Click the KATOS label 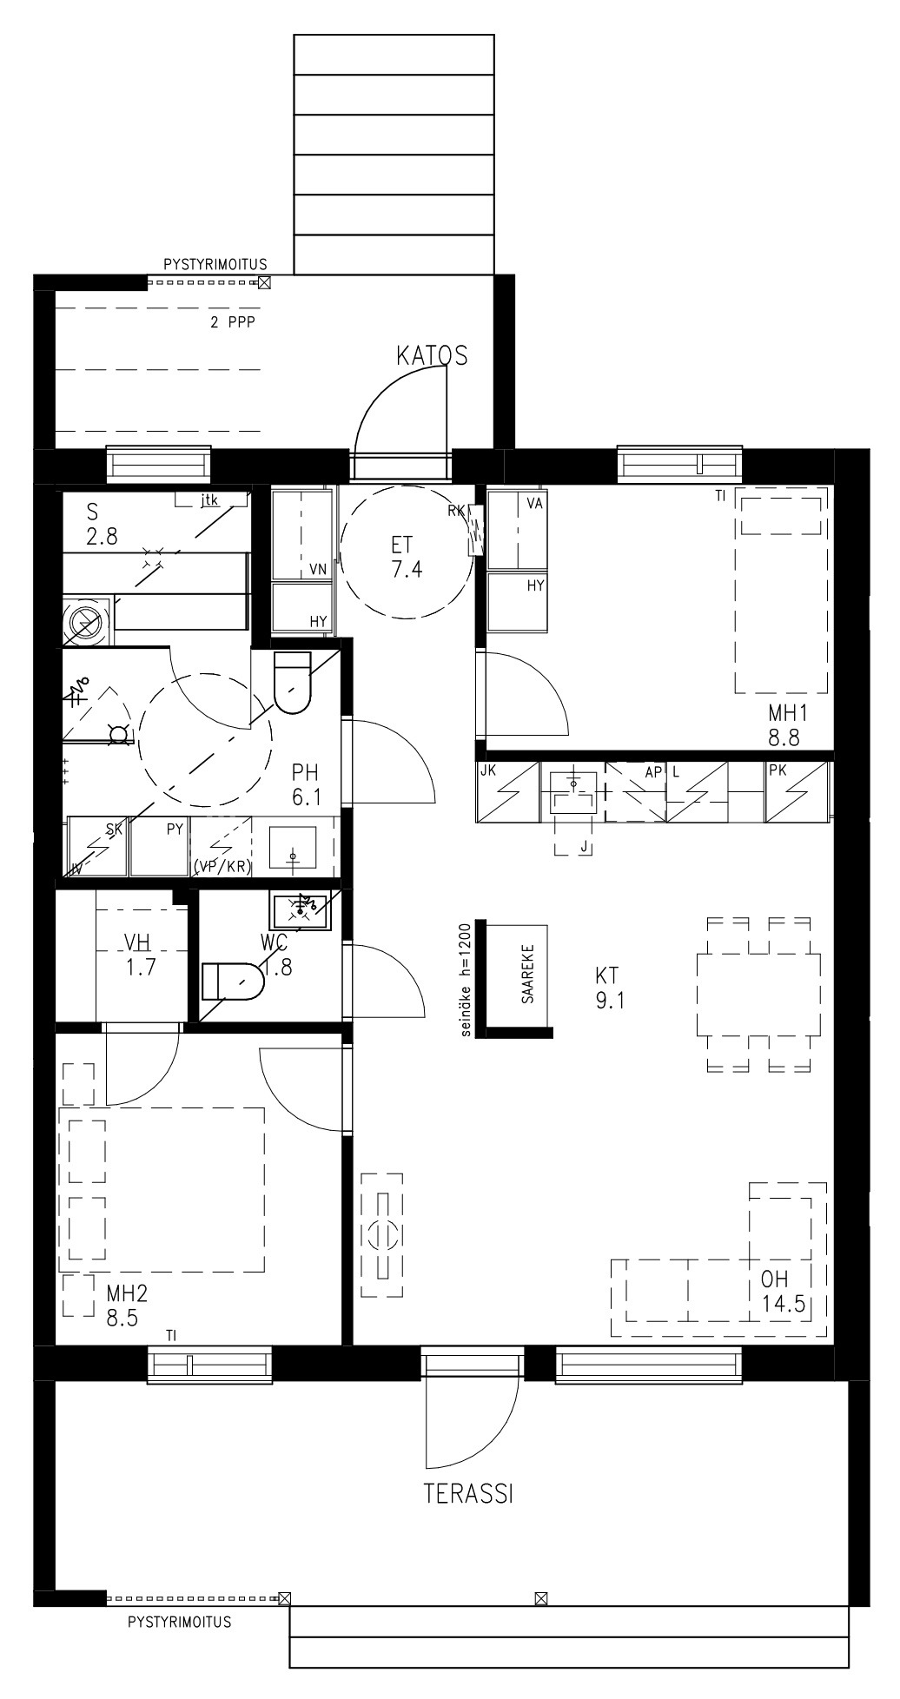point(432,355)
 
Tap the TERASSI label point(468,1494)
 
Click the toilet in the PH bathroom point(292,682)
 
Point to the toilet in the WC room point(233,981)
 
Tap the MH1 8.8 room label point(788,725)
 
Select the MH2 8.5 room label point(127,1306)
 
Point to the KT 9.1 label point(610,988)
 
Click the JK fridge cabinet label point(487,770)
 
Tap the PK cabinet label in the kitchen point(777,770)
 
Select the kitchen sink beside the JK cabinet point(573,791)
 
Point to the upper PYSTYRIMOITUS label point(215,264)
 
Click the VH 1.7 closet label point(140,955)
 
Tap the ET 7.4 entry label point(401,558)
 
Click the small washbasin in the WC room point(301,911)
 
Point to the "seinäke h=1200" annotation point(467,979)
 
